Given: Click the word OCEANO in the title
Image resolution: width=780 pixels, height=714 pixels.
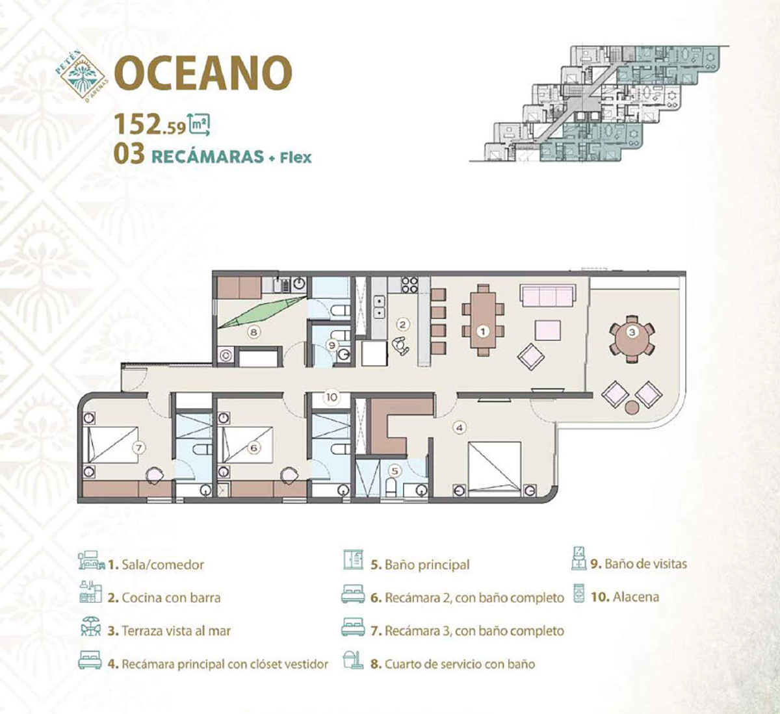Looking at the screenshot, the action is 203,73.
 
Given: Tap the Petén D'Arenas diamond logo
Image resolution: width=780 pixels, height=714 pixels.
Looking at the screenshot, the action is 83,75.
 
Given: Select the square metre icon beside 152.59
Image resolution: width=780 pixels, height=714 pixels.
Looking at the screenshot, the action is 200,124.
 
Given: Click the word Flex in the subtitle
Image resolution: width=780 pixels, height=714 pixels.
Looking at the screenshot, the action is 296,157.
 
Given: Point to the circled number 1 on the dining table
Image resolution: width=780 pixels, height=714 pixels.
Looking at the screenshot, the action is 483,331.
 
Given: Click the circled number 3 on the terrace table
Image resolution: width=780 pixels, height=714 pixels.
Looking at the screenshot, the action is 632,333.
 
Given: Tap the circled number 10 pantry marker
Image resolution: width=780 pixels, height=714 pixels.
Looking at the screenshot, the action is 331,397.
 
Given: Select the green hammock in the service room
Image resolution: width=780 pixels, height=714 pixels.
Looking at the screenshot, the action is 262,312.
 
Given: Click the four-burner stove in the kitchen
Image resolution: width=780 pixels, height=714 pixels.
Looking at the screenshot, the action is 409,285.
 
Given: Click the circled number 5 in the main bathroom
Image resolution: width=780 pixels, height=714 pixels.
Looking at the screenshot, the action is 395,471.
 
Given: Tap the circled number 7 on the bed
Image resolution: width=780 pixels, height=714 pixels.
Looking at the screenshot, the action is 139,448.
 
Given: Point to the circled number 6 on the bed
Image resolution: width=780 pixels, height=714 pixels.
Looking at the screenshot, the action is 254,448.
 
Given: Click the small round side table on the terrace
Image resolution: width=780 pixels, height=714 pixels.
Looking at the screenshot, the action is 632,407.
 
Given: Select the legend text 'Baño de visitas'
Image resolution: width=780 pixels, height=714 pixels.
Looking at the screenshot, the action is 646,564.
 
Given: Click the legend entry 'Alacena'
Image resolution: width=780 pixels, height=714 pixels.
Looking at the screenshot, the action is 625,596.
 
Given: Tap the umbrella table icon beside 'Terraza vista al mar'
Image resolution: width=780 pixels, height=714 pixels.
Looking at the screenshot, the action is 90,626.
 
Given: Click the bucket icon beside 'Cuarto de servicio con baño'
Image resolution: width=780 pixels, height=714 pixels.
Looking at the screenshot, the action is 353,659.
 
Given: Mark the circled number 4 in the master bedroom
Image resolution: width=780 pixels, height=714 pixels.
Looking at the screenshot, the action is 460,427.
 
